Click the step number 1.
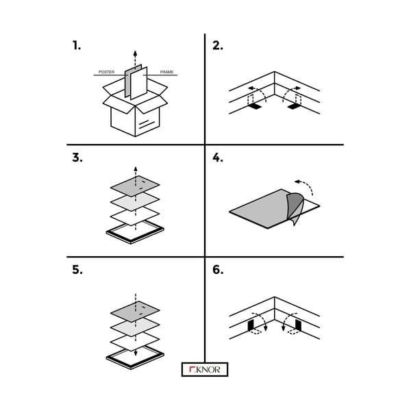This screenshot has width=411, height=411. click(x=76, y=46)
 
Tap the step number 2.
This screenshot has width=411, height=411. click(x=217, y=46)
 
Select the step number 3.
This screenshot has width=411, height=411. click(x=77, y=158)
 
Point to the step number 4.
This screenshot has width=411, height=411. click(x=218, y=158)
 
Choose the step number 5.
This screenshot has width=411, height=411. click(x=77, y=269)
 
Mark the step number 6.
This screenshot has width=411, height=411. click(x=218, y=269)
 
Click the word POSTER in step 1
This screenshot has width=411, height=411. click(x=107, y=72)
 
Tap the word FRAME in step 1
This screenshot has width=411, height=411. click(x=166, y=72)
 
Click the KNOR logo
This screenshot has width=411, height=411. click(x=205, y=369)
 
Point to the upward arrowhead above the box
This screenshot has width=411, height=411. click(x=135, y=53)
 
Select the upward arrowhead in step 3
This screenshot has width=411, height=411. click(x=135, y=168)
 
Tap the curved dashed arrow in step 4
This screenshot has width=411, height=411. click(x=306, y=185)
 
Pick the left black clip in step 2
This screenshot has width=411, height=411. click(x=253, y=108)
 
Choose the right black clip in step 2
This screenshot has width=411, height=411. click(x=295, y=108)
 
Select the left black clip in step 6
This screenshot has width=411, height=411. click(x=251, y=323)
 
